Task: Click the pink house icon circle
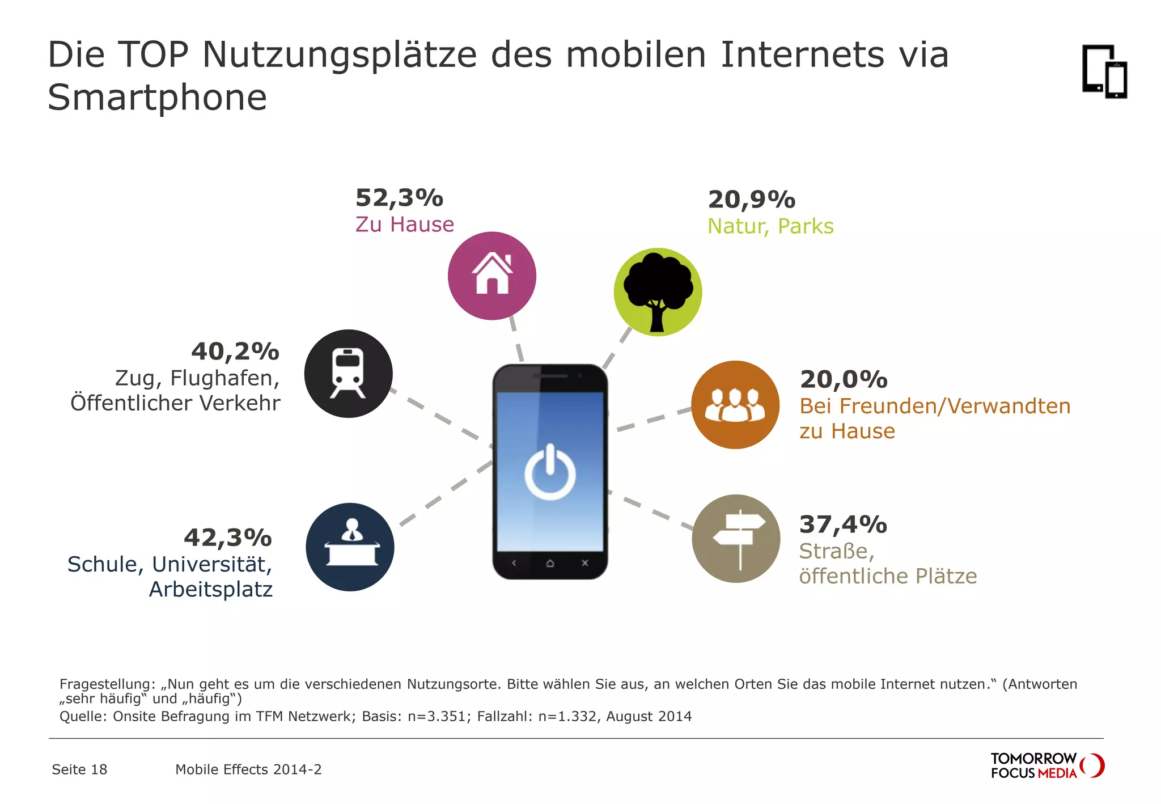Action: tap(491, 276)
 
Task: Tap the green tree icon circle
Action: tap(658, 292)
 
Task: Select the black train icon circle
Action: tap(348, 374)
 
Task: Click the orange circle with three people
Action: tap(735, 405)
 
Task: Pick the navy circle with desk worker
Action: tap(350, 547)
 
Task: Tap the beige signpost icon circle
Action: tap(736, 539)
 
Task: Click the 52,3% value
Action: tap(399, 198)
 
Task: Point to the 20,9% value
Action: tap(752, 200)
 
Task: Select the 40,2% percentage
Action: tap(235, 352)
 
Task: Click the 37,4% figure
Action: tap(843, 524)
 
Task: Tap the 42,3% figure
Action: tap(228, 538)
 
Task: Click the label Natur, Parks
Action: tap(770, 226)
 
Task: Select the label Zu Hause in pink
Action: tap(405, 225)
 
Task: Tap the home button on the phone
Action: tap(550, 564)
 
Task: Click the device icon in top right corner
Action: tap(1104, 71)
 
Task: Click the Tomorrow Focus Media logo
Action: tap(1046, 765)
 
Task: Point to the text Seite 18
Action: tap(79, 769)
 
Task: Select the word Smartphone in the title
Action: tap(157, 98)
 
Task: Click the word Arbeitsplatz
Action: tap(211, 590)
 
